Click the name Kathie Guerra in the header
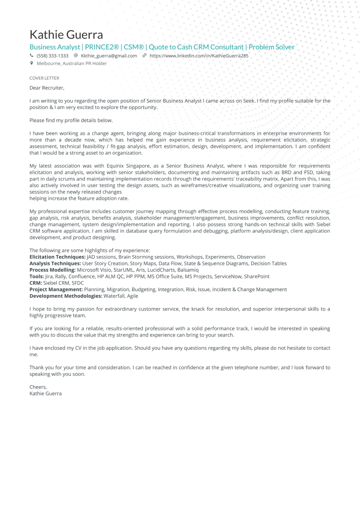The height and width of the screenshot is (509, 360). (x=66, y=35)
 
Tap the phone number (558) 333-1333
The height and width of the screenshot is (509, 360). (x=52, y=56)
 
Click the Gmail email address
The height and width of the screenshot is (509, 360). (x=109, y=56)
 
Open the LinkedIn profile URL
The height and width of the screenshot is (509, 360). (x=199, y=56)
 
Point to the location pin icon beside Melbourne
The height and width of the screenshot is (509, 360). (x=32, y=63)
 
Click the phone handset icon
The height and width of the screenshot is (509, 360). (x=32, y=56)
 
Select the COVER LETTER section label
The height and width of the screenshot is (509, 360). (x=44, y=78)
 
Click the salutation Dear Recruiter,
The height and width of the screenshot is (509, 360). (x=47, y=88)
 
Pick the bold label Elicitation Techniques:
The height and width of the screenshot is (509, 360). (x=58, y=257)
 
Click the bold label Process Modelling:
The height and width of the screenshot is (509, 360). (x=52, y=270)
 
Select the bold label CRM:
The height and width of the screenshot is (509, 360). (x=36, y=283)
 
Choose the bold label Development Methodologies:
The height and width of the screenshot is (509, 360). (x=66, y=296)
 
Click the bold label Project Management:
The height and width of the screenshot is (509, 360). (x=56, y=289)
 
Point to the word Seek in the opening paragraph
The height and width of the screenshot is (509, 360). (x=249, y=101)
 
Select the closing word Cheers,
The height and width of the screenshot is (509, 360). (x=38, y=387)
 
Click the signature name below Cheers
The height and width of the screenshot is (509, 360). (x=45, y=394)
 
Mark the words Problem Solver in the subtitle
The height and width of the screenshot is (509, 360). (x=271, y=47)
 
